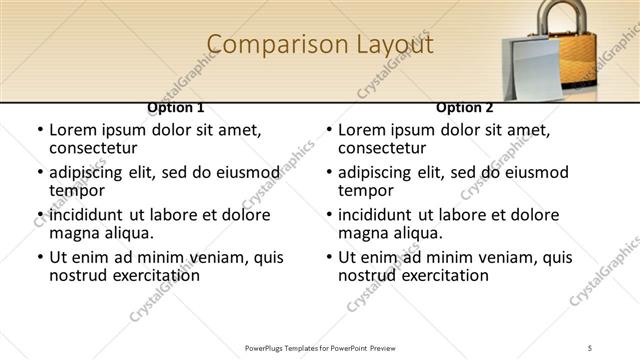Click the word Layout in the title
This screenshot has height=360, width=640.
(x=394, y=44)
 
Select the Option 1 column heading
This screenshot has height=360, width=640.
(x=175, y=107)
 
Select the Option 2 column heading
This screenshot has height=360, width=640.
(x=464, y=107)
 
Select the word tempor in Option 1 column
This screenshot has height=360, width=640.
(x=73, y=190)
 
